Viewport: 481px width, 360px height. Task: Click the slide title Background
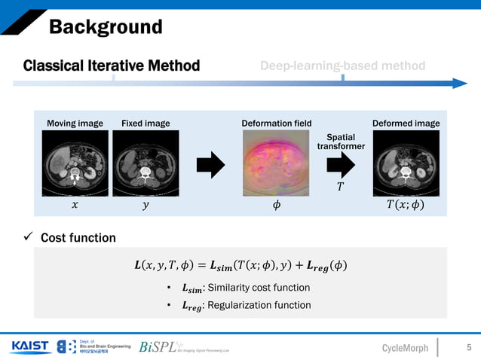(106, 28)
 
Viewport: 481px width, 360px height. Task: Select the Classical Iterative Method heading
(112, 66)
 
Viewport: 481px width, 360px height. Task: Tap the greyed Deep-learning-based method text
(342, 66)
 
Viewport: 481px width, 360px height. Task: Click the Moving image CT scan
(74, 160)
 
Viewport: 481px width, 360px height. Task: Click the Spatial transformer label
(341, 142)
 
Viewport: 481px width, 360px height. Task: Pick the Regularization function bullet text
(246, 305)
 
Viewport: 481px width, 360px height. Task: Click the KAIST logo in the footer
(30, 346)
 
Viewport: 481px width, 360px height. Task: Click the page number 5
(469, 346)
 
